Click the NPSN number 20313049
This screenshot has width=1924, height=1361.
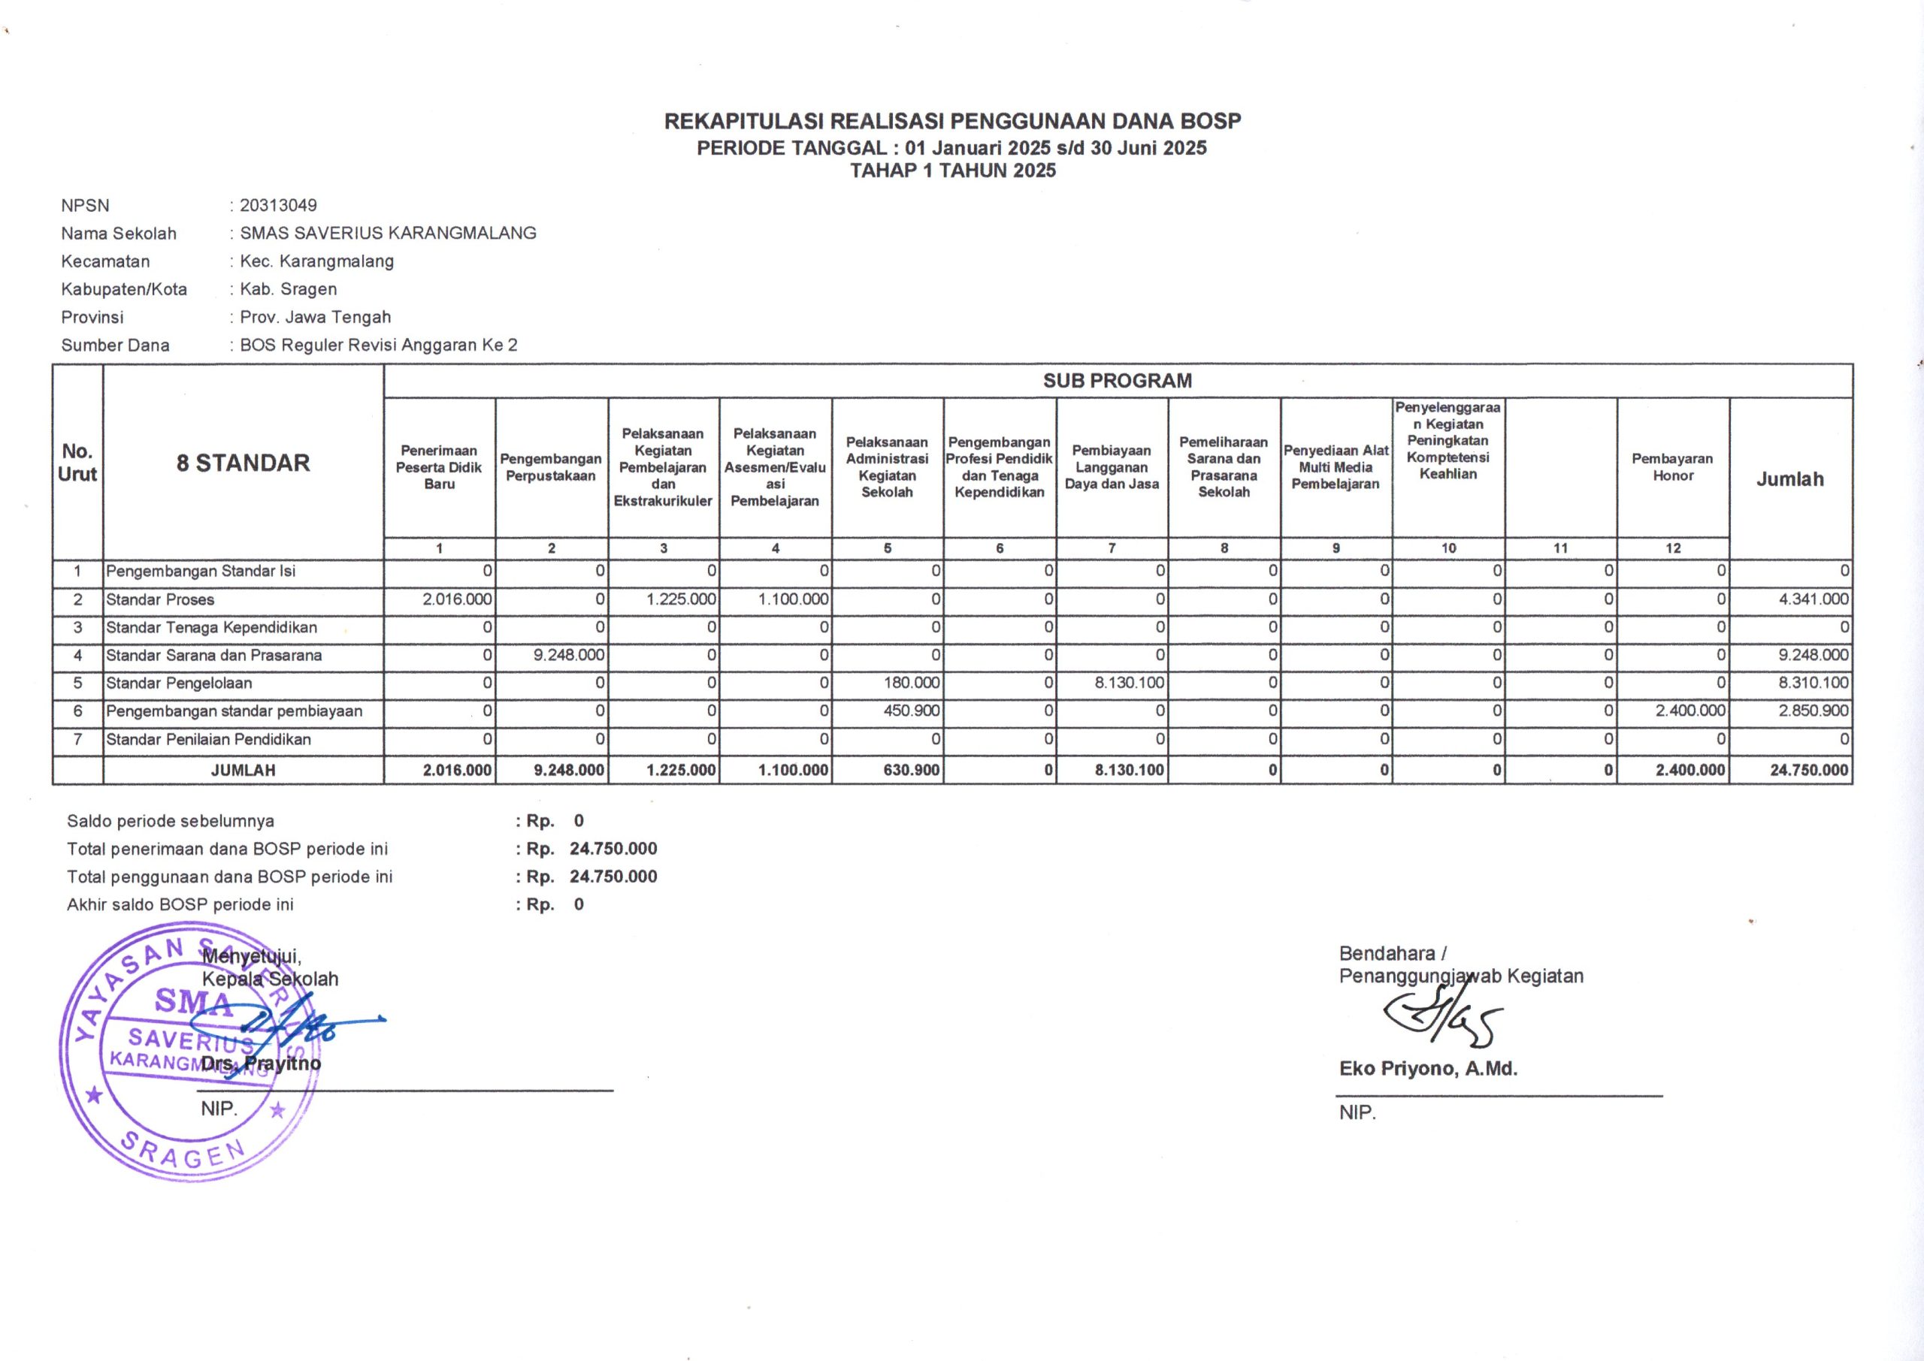pos(277,205)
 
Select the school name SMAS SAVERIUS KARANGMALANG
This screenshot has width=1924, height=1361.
pos(387,233)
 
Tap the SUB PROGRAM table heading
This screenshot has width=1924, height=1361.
pos(1117,381)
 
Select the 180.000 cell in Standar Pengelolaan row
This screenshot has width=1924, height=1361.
pos(912,683)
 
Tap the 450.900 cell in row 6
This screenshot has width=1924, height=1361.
pos(912,711)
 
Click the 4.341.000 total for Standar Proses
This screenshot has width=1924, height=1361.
pos(1813,600)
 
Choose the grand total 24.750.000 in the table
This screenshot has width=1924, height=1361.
pos(1808,770)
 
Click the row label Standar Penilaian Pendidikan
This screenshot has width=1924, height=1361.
pos(208,739)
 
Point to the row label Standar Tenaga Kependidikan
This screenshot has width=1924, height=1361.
pos(211,628)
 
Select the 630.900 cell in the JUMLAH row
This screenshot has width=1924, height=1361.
pos(912,770)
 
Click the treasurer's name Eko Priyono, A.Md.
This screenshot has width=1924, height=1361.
pos(1428,1069)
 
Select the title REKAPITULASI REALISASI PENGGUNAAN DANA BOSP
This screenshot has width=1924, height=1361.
pos(952,122)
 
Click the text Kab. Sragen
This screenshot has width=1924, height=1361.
pos(288,289)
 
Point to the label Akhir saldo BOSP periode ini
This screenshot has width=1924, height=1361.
pos(180,904)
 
